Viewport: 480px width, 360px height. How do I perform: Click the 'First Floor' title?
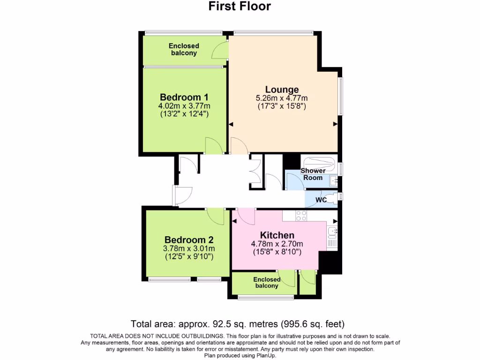point(240,6)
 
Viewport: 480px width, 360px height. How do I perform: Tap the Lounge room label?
point(282,90)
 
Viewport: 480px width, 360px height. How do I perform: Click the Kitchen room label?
point(277,235)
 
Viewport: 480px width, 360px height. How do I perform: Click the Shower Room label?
point(313,174)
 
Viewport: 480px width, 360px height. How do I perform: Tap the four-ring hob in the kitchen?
point(301,216)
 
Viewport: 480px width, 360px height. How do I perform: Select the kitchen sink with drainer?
point(332,236)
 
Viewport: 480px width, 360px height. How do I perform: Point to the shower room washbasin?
point(334,180)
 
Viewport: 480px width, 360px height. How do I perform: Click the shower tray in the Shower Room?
point(318,164)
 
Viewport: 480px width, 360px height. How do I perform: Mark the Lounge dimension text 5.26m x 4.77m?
point(281,98)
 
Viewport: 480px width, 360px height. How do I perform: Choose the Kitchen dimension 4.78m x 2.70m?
point(277,244)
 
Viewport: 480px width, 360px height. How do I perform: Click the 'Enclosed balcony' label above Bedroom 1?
point(184,49)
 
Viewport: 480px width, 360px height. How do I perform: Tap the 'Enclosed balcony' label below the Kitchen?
point(266,283)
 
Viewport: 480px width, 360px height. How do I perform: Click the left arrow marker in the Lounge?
point(231,124)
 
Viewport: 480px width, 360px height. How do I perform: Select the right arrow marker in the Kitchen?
point(335,220)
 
